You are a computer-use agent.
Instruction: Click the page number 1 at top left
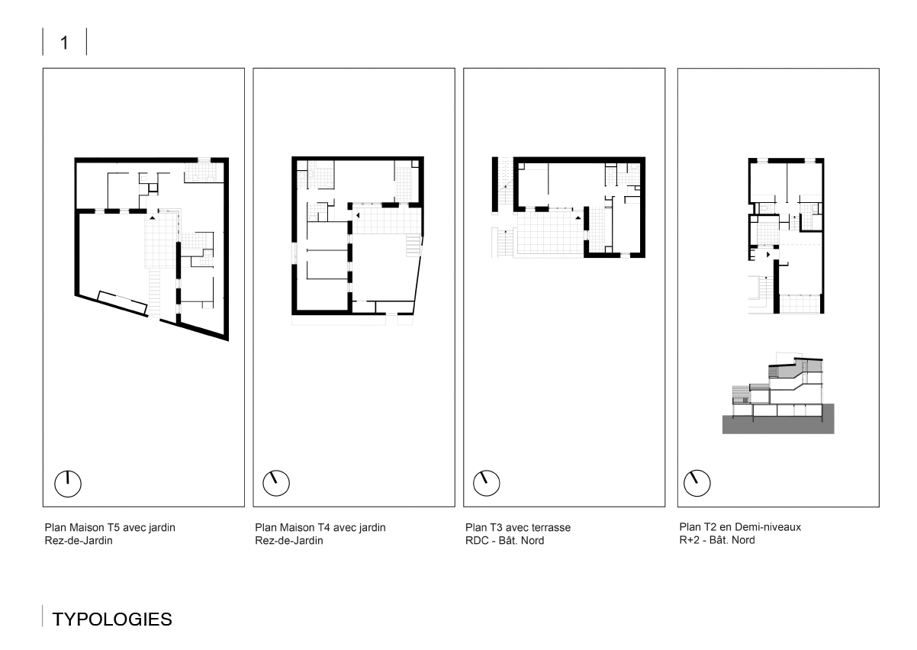tap(64, 43)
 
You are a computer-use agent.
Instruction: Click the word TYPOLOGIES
tap(112, 619)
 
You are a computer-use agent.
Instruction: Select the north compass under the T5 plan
tap(68, 484)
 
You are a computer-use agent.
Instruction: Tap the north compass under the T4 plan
tap(276, 483)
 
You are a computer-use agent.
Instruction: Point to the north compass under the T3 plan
tap(486, 483)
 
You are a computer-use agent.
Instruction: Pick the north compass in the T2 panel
tap(697, 483)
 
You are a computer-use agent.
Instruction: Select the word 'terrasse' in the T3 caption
tap(551, 527)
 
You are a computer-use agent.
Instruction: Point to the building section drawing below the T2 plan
tap(778, 392)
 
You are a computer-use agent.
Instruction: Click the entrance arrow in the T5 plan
tap(153, 218)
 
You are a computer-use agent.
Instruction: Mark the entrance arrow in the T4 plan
tap(358, 215)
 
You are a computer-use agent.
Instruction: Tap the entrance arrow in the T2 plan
tap(768, 255)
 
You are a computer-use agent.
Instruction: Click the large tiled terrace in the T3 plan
tap(550, 233)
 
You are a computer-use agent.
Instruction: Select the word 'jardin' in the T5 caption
tap(162, 528)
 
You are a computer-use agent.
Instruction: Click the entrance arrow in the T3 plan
tap(578, 217)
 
